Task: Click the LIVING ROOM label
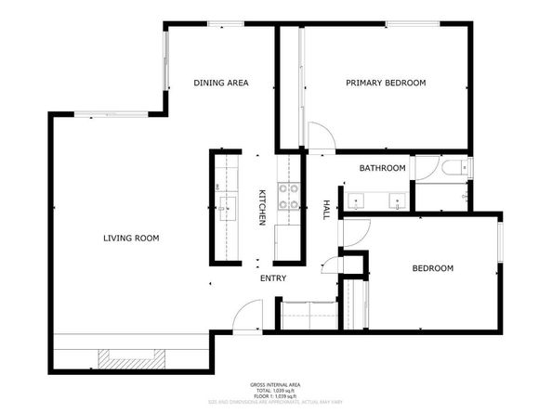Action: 131,239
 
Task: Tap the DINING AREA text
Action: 220,84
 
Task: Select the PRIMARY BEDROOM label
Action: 386,84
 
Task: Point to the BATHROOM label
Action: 383,168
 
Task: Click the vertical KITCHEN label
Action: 262,207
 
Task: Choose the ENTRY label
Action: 273,277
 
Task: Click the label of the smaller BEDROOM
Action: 432,268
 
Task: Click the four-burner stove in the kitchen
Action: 290,194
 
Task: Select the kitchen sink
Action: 225,205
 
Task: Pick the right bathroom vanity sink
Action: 398,199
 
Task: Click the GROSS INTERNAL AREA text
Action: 276,384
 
